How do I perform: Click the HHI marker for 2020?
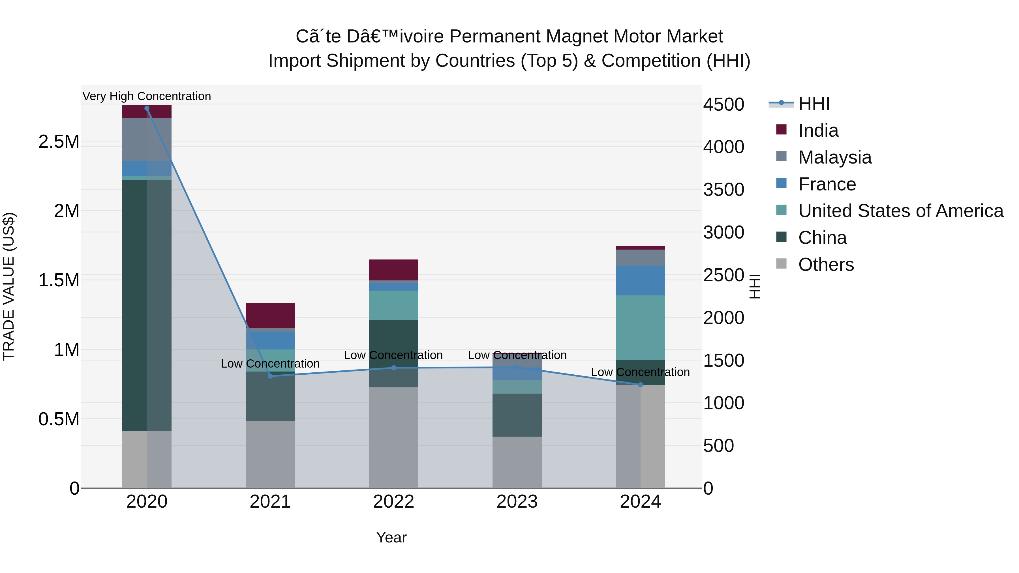pyautogui.click(x=147, y=108)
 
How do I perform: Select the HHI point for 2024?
pyautogui.click(x=641, y=384)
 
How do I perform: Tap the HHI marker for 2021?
pyautogui.click(x=270, y=376)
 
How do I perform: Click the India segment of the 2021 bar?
pyautogui.click(x=270, y=315)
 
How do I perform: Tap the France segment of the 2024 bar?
pyautogui.click(x=641, y=280)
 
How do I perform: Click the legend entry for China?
pyautogui.click(x=822, y=238)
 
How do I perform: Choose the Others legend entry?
pyautogui.click(x=826, y=265)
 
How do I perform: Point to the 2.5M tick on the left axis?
pyautogui.click(x=59, y=141)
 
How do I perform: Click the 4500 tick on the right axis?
pyautogui.click(x=723, y=104)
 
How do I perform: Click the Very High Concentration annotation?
pyautogui.click(x=147, y=96)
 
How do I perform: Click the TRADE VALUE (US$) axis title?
pyautogui.click(x=9, y=286)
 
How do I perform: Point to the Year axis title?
pyautogui.click(x=391, y=537)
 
